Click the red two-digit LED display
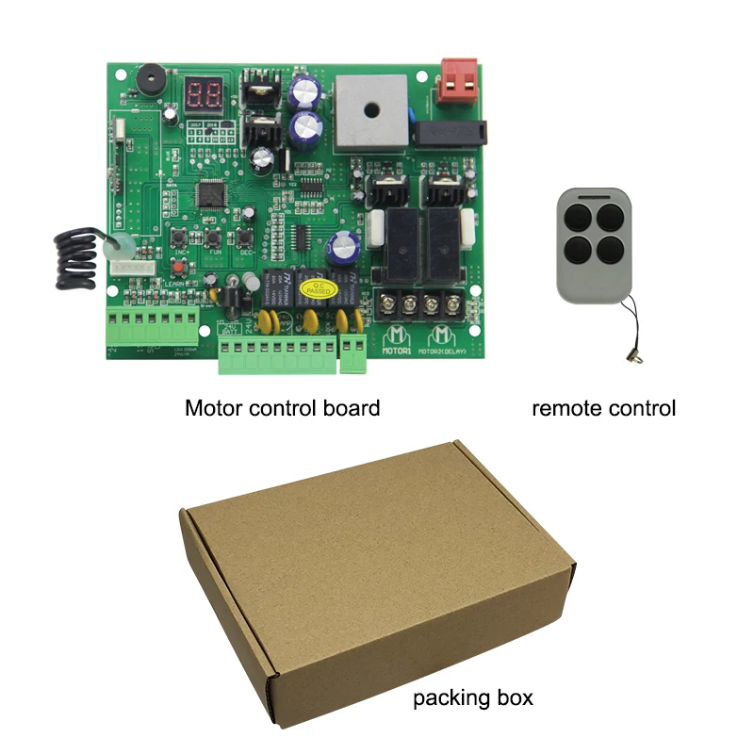point(205,93)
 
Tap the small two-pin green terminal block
point(352,354)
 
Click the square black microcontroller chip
point(207,195)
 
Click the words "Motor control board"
point(282,408)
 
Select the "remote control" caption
point(603,408)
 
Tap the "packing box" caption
point(473,698)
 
